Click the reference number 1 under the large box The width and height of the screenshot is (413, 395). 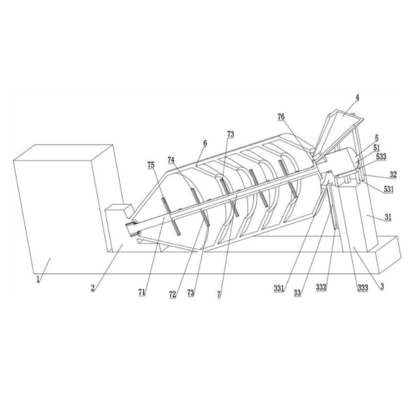[38, 279]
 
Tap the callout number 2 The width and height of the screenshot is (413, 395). [93, 288]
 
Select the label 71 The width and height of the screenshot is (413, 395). [142, 292]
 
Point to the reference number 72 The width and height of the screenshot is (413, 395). [172, 295]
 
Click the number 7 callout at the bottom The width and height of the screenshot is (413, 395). [219, 294]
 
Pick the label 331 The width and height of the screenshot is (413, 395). [279, 289]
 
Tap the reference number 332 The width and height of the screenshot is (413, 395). [321, 287]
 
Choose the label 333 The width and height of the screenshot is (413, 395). [363, 287]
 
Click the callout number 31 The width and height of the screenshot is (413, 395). [388, 218]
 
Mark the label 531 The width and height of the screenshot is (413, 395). [388, 189]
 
